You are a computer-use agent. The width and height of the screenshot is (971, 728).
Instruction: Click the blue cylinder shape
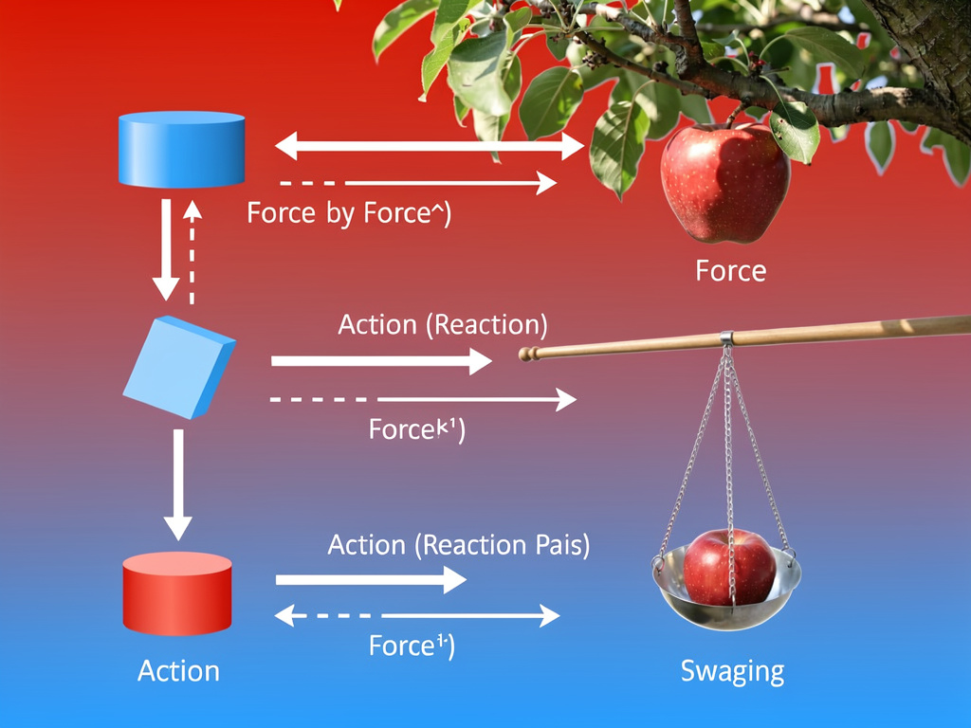pos(181,149)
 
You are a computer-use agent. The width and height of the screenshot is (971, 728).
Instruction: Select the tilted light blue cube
pos(179,368)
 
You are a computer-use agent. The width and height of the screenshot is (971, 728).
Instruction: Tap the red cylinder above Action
pos(177,594)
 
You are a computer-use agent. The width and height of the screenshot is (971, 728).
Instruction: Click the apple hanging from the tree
pos(725,182)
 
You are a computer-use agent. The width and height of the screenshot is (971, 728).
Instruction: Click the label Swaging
pos(732,671)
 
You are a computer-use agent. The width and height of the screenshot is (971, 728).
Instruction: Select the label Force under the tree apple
pos(730,271)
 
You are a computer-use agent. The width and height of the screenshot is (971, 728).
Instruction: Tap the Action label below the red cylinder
pos(178,671)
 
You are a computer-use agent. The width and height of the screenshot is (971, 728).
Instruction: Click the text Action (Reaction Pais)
pos(458,545)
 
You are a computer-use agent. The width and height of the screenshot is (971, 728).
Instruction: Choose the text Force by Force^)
pos(349,213)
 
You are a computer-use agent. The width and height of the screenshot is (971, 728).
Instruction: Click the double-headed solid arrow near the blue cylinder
pos(430,146)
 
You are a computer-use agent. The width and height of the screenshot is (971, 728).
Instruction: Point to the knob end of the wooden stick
pos(524,355)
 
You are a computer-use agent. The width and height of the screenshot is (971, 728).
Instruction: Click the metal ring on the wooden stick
pos(725,337)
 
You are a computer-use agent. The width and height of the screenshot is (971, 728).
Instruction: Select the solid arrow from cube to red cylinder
pos(177,483)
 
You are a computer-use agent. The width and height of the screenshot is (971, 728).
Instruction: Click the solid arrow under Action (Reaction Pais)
pos(371,580)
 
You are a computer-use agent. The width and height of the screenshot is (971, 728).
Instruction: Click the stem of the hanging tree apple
pos(733,118)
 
